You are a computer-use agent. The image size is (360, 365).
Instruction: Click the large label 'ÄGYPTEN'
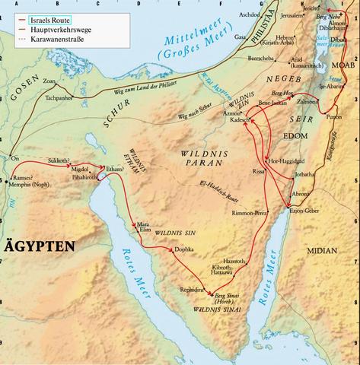click(38, 246)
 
